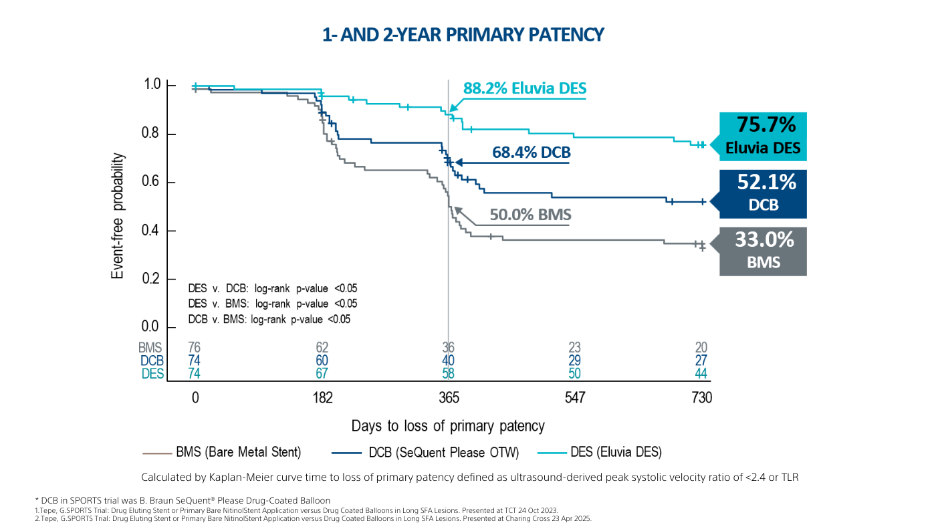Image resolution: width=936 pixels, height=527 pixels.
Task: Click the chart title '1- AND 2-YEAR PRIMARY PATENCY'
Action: [463, 35]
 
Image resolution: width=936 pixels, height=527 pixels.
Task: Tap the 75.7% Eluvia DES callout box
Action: [763, 136]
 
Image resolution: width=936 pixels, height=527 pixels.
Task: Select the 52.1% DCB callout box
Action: [763, 193]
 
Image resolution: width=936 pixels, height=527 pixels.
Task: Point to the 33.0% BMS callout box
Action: [763, 251]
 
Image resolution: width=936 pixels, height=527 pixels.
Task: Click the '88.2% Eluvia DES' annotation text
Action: [525, 88]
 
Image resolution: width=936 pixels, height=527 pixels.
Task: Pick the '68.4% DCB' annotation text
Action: [532, 152]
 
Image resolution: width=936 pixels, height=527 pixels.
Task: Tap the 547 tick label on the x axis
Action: [574, 398]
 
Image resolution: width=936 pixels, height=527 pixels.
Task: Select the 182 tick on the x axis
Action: [322, 398]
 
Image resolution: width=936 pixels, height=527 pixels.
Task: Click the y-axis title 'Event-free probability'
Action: [118, 215]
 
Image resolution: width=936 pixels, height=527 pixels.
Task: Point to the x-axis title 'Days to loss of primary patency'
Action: [448, 426]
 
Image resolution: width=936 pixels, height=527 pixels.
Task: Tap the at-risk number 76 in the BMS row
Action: [195, 348]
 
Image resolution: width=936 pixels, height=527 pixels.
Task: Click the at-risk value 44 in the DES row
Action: [701, 374]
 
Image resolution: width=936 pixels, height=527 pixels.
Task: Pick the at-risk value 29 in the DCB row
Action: [574, 361]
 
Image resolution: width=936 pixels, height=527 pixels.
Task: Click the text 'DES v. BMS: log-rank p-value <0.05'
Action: [273, 304]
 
